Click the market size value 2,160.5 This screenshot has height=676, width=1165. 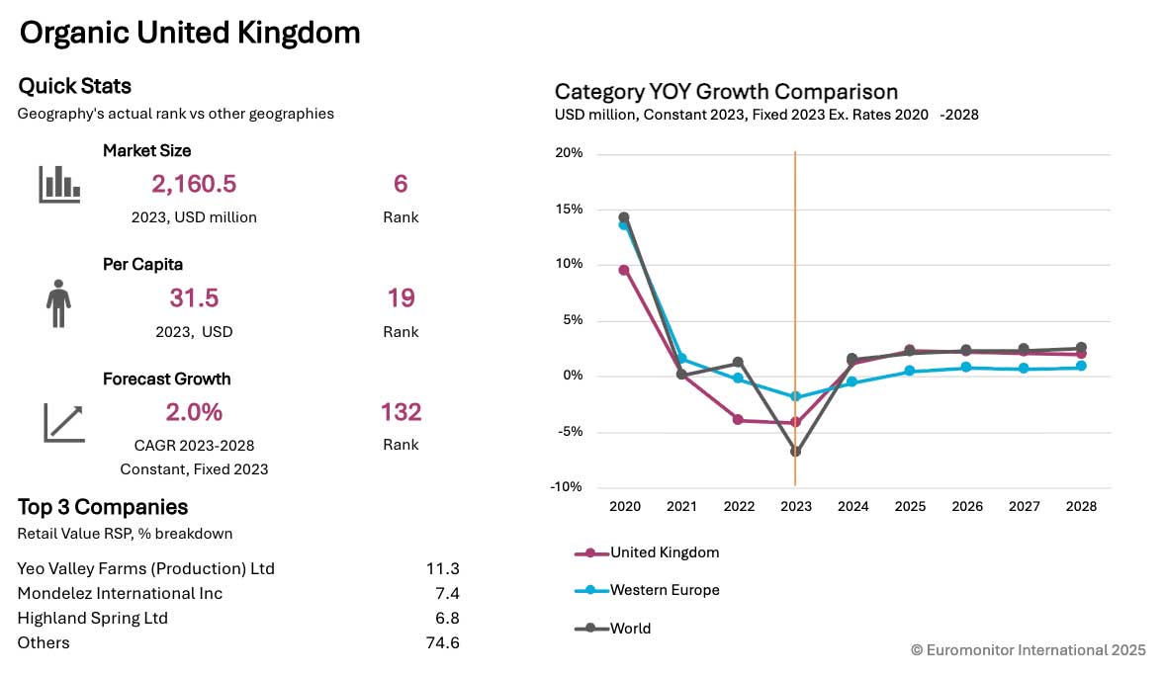point(194,184)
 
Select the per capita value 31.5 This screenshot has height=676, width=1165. point(194,298)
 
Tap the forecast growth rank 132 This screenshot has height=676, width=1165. point(401,412)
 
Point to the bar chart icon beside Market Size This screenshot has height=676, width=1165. point(59,184)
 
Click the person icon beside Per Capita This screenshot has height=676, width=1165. point(59,302)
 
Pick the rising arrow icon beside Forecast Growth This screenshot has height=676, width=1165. point(64,421)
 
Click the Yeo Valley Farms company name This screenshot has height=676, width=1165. point(146,569)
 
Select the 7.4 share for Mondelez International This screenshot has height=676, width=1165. point(446,594)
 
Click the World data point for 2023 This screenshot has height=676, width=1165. point(795,452)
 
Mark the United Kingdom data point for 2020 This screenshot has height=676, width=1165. point(624,270)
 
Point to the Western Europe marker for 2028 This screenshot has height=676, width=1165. point(1081,366)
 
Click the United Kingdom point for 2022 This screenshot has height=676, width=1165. point(738,420)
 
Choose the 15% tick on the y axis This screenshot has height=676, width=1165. point(570,210)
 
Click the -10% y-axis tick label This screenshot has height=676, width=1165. point(567,487)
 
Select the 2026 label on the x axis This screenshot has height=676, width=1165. point(966,506)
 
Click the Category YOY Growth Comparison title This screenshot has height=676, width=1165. point(726,92)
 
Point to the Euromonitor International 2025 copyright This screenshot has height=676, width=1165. point(1029,650)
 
